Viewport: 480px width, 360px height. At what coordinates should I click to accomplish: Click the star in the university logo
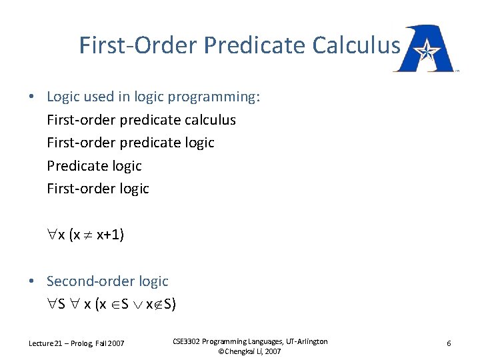tap(423, 50)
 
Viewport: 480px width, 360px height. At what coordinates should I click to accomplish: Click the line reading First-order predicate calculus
tap(141, 120)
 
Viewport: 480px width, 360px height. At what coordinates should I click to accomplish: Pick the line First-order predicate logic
tap(131, 143)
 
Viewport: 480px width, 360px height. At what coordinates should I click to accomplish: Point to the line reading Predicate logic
tap(94, 165)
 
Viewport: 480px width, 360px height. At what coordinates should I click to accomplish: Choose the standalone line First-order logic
tap(98, 188)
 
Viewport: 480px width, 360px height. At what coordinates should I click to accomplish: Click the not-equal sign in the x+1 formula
tap(87, 235)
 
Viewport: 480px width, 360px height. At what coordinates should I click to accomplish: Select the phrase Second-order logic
tap(107, 281)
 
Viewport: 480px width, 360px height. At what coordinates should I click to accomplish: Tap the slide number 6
tap(449, 343)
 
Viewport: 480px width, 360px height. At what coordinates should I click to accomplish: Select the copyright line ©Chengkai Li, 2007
tap(249, 351)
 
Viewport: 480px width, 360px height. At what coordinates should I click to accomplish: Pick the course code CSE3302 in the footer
tap(188, 341)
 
